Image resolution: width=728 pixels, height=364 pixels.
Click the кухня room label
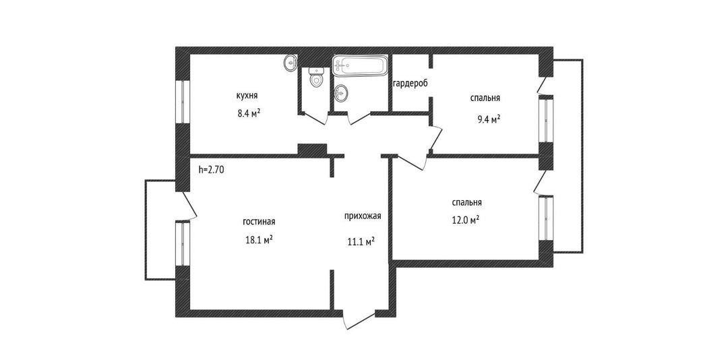pyautogui.click(x=247, y=96)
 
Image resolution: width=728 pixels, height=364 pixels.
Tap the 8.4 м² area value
pyautogui.click(x=248, y=113)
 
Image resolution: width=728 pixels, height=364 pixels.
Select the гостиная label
pyautogui.click(x=259, y=222)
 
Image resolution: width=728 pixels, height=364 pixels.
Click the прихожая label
pyautogui.click(x=363, y=216)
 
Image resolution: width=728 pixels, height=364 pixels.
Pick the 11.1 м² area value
pyautogui.click(x=361, y=242)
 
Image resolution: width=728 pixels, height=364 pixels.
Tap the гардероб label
pyautogui.click(x=410, y=84)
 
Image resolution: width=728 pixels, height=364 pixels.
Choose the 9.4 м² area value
pyautogui.click(x=489, y=120)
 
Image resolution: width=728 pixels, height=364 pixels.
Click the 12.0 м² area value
pyautogui.click(x=465, y=220)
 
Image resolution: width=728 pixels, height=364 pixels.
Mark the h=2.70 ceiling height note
pyautogui.click(x=211, y=170)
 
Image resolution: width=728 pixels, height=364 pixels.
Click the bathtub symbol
pyautogui.click(x=359, y=66)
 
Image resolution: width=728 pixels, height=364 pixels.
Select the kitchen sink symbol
pyautogui.click(x=290, y=63)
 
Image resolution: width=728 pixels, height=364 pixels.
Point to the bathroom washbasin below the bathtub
pyautogui.click(x=341, y=93)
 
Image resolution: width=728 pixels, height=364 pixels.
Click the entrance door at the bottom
pyautogui.click(x=359, y=320)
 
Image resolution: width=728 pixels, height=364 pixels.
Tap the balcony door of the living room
pyautogui.click(x=190, y=204)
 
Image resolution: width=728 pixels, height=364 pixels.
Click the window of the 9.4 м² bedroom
pyautogui.click(x=545, y=119)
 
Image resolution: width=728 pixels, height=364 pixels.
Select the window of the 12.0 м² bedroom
pyautogui.click(x=545, y=218)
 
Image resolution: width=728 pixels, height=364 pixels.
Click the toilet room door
pyautogui.click(x=314, y=119)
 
